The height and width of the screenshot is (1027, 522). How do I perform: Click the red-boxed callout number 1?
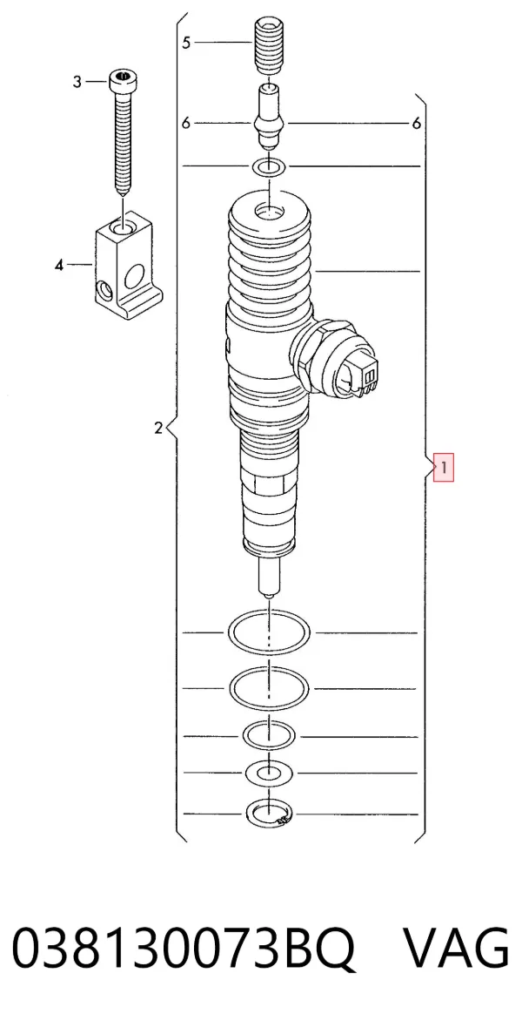pyautogui.click(x=444, y=468)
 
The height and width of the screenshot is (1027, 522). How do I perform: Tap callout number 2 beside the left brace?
pyautogui.click(x=158, y=429)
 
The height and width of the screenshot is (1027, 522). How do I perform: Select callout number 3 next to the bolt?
pyautogui.click(x=77, y=82)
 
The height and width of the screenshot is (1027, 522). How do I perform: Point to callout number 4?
pyautogui.click(x=59, y=266)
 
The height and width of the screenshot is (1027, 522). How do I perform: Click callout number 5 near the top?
pyautogui.click(x=186, y=43)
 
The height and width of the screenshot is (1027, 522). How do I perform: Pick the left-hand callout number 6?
pyautogui.click(x=186, y=123)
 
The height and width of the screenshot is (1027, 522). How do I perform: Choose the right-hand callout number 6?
pyautogui.click(x=416, y=123)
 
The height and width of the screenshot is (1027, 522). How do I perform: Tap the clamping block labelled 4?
pyautogui.click(x=128, y=263)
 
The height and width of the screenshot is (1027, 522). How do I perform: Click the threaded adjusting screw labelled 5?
pyautogui.click(x=267, y=46)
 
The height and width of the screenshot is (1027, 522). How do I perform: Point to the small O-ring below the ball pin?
pyautogui.click(x=269, y=167)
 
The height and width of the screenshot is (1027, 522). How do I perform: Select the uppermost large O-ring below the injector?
pyautogui.click(x=269, y=633)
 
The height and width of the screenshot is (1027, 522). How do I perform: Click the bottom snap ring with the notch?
pyautogui.click(x=269, y=814)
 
